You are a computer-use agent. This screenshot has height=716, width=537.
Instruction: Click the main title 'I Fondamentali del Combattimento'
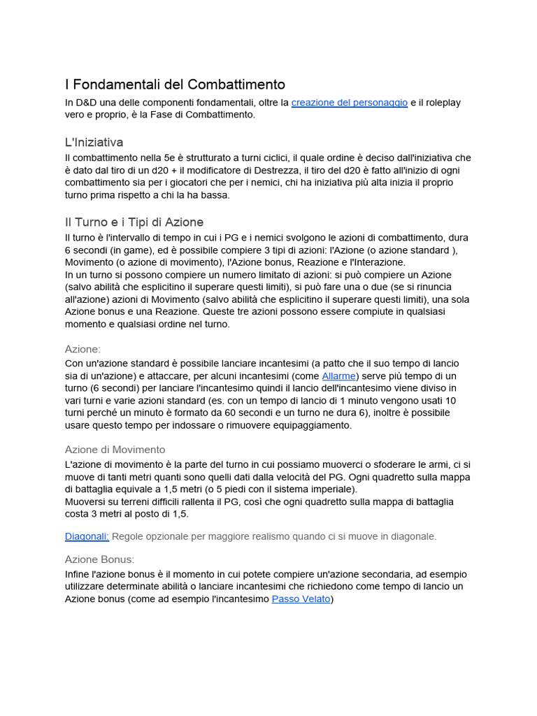click(x=175, y=85)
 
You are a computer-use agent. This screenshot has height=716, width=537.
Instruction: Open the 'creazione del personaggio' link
click(x=349, y=103)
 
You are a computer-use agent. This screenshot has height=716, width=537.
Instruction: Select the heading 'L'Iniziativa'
click(x=94, y=142)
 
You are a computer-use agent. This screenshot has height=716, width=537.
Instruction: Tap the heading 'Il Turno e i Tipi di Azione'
click(x=134, y=222)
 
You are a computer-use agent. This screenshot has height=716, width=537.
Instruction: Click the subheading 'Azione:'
click(x=83, y=349)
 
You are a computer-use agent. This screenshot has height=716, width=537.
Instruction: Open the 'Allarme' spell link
click(x=338, y=375)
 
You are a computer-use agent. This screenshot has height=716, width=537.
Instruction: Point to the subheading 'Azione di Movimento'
click(x=115, y=450)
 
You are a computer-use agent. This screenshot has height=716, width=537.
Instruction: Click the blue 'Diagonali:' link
click(x=87, y=536)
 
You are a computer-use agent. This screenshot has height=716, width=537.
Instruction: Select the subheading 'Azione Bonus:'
click(x=99, y=559)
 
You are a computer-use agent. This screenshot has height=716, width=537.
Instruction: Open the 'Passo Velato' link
click(x=301, y=599)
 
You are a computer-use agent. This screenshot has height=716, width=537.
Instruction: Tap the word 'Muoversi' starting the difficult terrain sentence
click(x=86, y=501)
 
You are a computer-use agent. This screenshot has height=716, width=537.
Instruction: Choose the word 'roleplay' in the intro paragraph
click(x=440, y=103)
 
